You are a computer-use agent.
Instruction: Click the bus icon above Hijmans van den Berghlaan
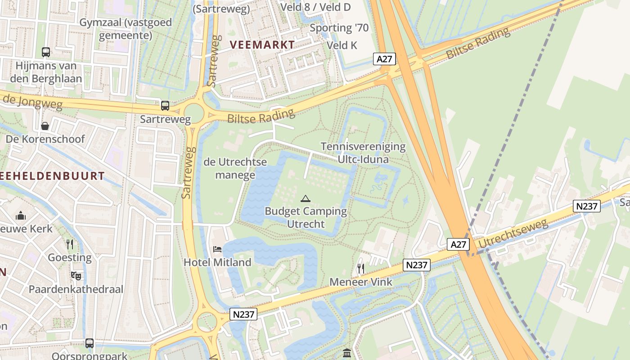(46, 52)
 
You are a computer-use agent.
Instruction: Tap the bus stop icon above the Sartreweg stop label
(165, 106)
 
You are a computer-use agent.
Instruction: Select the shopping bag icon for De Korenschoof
(45, 126)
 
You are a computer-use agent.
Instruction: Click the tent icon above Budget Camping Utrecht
(306, 198)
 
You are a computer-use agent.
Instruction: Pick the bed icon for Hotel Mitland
(217, 249)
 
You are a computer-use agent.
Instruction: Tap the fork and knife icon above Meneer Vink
(360, 269)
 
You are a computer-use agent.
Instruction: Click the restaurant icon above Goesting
(70, 244)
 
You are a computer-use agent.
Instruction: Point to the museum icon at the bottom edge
(347, 353)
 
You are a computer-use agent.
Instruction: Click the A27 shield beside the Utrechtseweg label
(459, 244)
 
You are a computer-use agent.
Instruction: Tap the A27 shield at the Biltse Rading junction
(384, 59)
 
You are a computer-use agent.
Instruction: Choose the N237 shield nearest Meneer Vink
(417, 265)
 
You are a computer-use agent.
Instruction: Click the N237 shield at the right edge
(587, 206)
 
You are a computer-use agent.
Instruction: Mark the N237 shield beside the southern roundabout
(243, 314)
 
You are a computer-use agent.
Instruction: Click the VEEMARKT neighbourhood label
(262, 45)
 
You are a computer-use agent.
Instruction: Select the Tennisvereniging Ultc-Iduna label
(363, 153)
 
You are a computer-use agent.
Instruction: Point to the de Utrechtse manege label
(235, 168)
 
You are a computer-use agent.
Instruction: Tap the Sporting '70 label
(339, 28)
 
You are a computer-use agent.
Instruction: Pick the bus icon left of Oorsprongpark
(90, 343)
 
